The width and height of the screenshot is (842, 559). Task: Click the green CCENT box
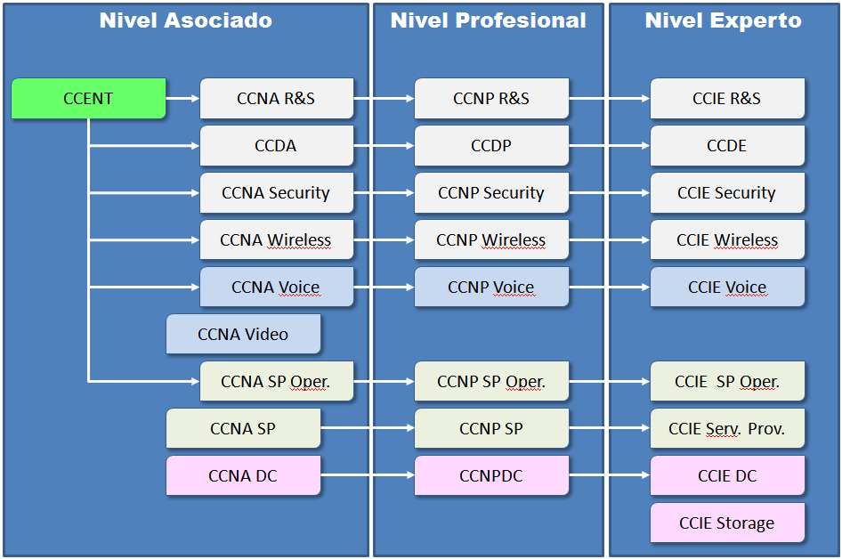click(x=88, y=99)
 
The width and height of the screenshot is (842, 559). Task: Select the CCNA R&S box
click(x=276, y=99)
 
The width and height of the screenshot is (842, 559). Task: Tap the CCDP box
click(x=491, y=146)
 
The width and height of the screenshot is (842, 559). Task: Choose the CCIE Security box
click(x=726, y=193)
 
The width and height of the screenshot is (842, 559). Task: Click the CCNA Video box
click(x=243, y=335)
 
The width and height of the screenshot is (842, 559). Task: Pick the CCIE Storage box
click(x=726, y=523)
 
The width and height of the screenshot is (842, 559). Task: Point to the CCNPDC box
click(x=491, y=476)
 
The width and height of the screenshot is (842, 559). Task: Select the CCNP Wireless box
click(x=491, y=240)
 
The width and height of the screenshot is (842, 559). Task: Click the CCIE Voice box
click(x=726, y=288)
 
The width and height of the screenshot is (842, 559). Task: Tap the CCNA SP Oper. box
click(x=276, y=382)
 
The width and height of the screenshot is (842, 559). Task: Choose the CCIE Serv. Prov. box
click(x=726, y=429)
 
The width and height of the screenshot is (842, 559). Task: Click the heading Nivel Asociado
click(x=185, y=20)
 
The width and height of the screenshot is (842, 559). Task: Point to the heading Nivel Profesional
click(x=488, y=20)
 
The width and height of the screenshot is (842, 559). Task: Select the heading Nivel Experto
click(x=723, y=20)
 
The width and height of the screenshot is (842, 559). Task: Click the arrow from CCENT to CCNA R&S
click(x=183, y=99)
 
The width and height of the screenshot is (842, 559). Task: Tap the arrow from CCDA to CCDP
click(x=384, y=146)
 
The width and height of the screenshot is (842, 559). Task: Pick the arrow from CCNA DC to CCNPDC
click(x=368, y=476)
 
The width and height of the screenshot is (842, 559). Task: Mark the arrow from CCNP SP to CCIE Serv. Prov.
click(x=610, y=429)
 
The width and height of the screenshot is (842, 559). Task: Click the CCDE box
click(x=726, y=146)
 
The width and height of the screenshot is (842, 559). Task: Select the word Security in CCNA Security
click(x=299, y=193)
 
